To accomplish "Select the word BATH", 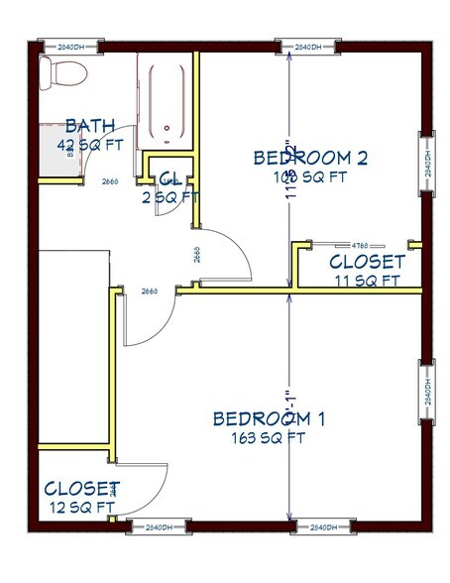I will pos(87,127).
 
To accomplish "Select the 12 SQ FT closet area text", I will pos(81,507).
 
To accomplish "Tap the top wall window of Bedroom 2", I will pos(309,47).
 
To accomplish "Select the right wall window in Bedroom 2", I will pos(427,164).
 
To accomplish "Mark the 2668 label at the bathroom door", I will pos(111,181).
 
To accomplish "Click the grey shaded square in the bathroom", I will pos(58,153).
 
